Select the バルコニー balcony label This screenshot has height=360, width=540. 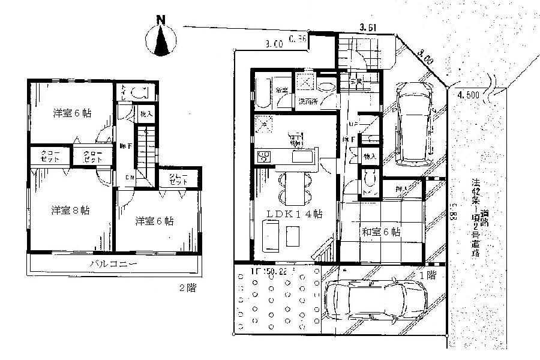pos(114,263)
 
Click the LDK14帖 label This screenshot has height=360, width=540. pos(292,214)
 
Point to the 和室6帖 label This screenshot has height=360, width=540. pos(381,232)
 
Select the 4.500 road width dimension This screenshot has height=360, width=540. pos(467,94)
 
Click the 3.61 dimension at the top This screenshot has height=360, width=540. pos(368,27)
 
